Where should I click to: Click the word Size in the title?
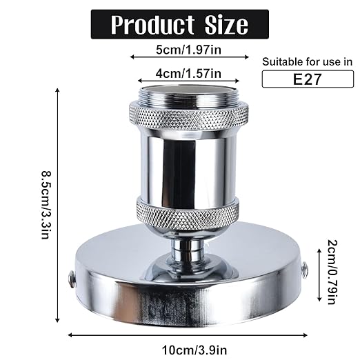click(222, 25)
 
